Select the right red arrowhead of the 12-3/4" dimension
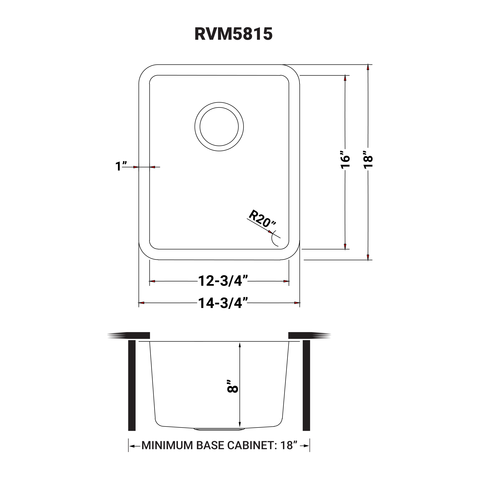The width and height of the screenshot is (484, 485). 286,281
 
